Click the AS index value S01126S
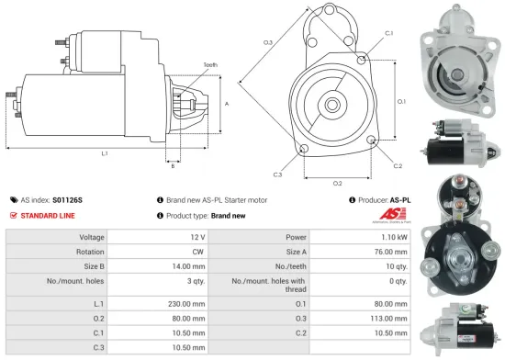(x=67, y=198)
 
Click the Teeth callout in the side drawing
(x=210, y=65)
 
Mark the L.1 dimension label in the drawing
(x=104, y=152)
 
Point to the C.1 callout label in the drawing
(x=388, y=33)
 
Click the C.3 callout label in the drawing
(x=277, y=174)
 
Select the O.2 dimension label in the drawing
(x=337, y=183)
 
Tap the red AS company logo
(x=390, y=217)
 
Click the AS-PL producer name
(x=400, y=198)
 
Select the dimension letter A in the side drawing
(x=226, y=103)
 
